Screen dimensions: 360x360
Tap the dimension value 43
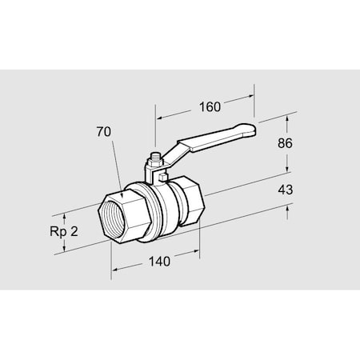285,190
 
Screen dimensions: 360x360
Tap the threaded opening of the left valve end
107,218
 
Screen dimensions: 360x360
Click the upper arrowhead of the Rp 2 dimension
62,216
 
